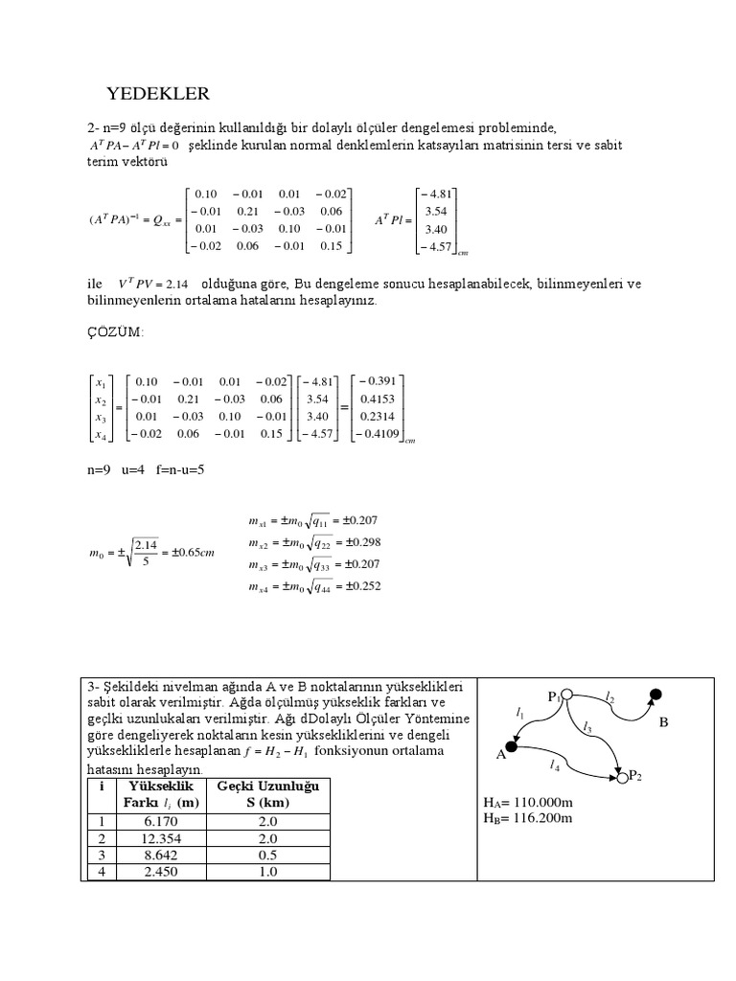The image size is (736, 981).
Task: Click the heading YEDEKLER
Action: pos(156,93)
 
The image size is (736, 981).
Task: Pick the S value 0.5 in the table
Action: pos(268,855)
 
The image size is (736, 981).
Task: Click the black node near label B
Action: pos(655,695)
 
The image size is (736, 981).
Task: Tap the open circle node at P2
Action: pos(623,778)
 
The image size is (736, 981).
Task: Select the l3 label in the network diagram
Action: pos(587,727)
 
